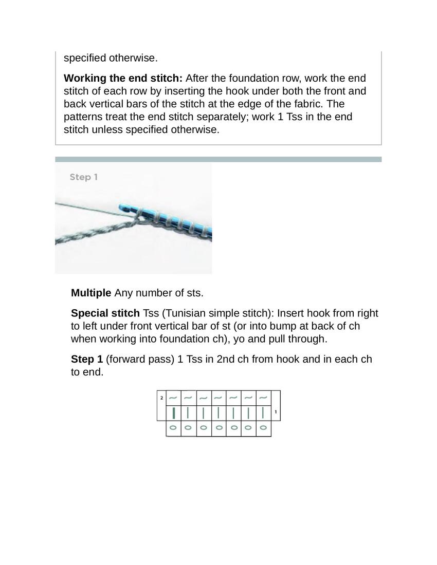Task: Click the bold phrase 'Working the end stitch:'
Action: pyautogui.click(x=123, y=79)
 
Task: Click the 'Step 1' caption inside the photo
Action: pyautogui.click(x=83, y=177)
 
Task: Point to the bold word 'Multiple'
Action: pyautogui.click(x=91, y=293)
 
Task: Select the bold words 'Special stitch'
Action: pyautogui.click(x=105, y=313)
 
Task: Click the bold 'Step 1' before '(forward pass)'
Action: pyautogui.click(x=87, y=359)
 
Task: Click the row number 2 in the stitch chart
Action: pyautogui.click(x=161, y=398)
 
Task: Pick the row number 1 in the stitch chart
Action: pyautogui.click(x=276, y=412)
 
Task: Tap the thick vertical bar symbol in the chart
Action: pyautogui.click(x=174, y=412)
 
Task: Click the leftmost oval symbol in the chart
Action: pyautogui.click(x=173, y=427)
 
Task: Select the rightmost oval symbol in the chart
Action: pyautogui.click(x=263, y=427)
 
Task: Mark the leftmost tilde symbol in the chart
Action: pyautogui.click(x=173, y=398)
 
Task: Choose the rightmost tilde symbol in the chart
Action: pyautogui.click(x=263, y=398)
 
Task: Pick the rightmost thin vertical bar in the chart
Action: pyautogui.click(x=263, y=412)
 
